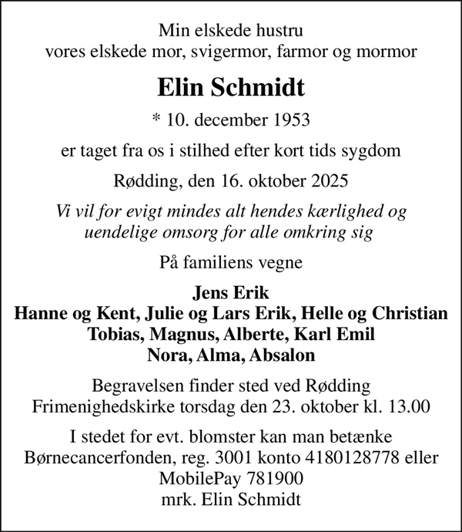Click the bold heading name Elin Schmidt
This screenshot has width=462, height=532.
coord(231,87)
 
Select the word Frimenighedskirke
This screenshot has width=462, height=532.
coord(95,405)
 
